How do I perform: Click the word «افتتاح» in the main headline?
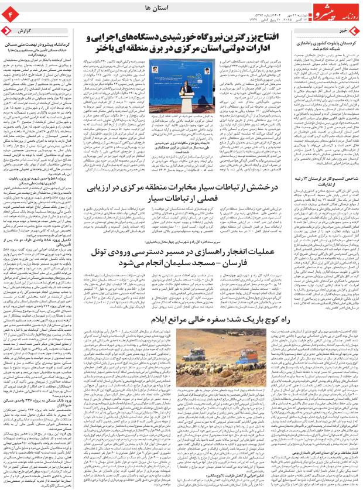290,39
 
